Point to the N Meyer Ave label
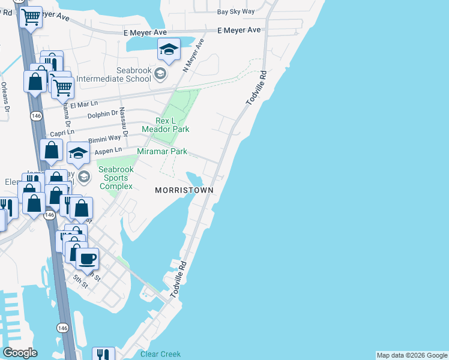pos(194,56)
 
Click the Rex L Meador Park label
pos(166,125)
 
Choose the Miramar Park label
pos(162,152)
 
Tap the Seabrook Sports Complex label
pos(116,178)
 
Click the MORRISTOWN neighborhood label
pos(184,190)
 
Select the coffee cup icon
pos(88,259)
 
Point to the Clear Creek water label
pos(160,354)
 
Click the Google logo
pos(20,353)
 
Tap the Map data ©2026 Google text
pos(411,355)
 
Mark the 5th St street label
pos(80,281)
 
